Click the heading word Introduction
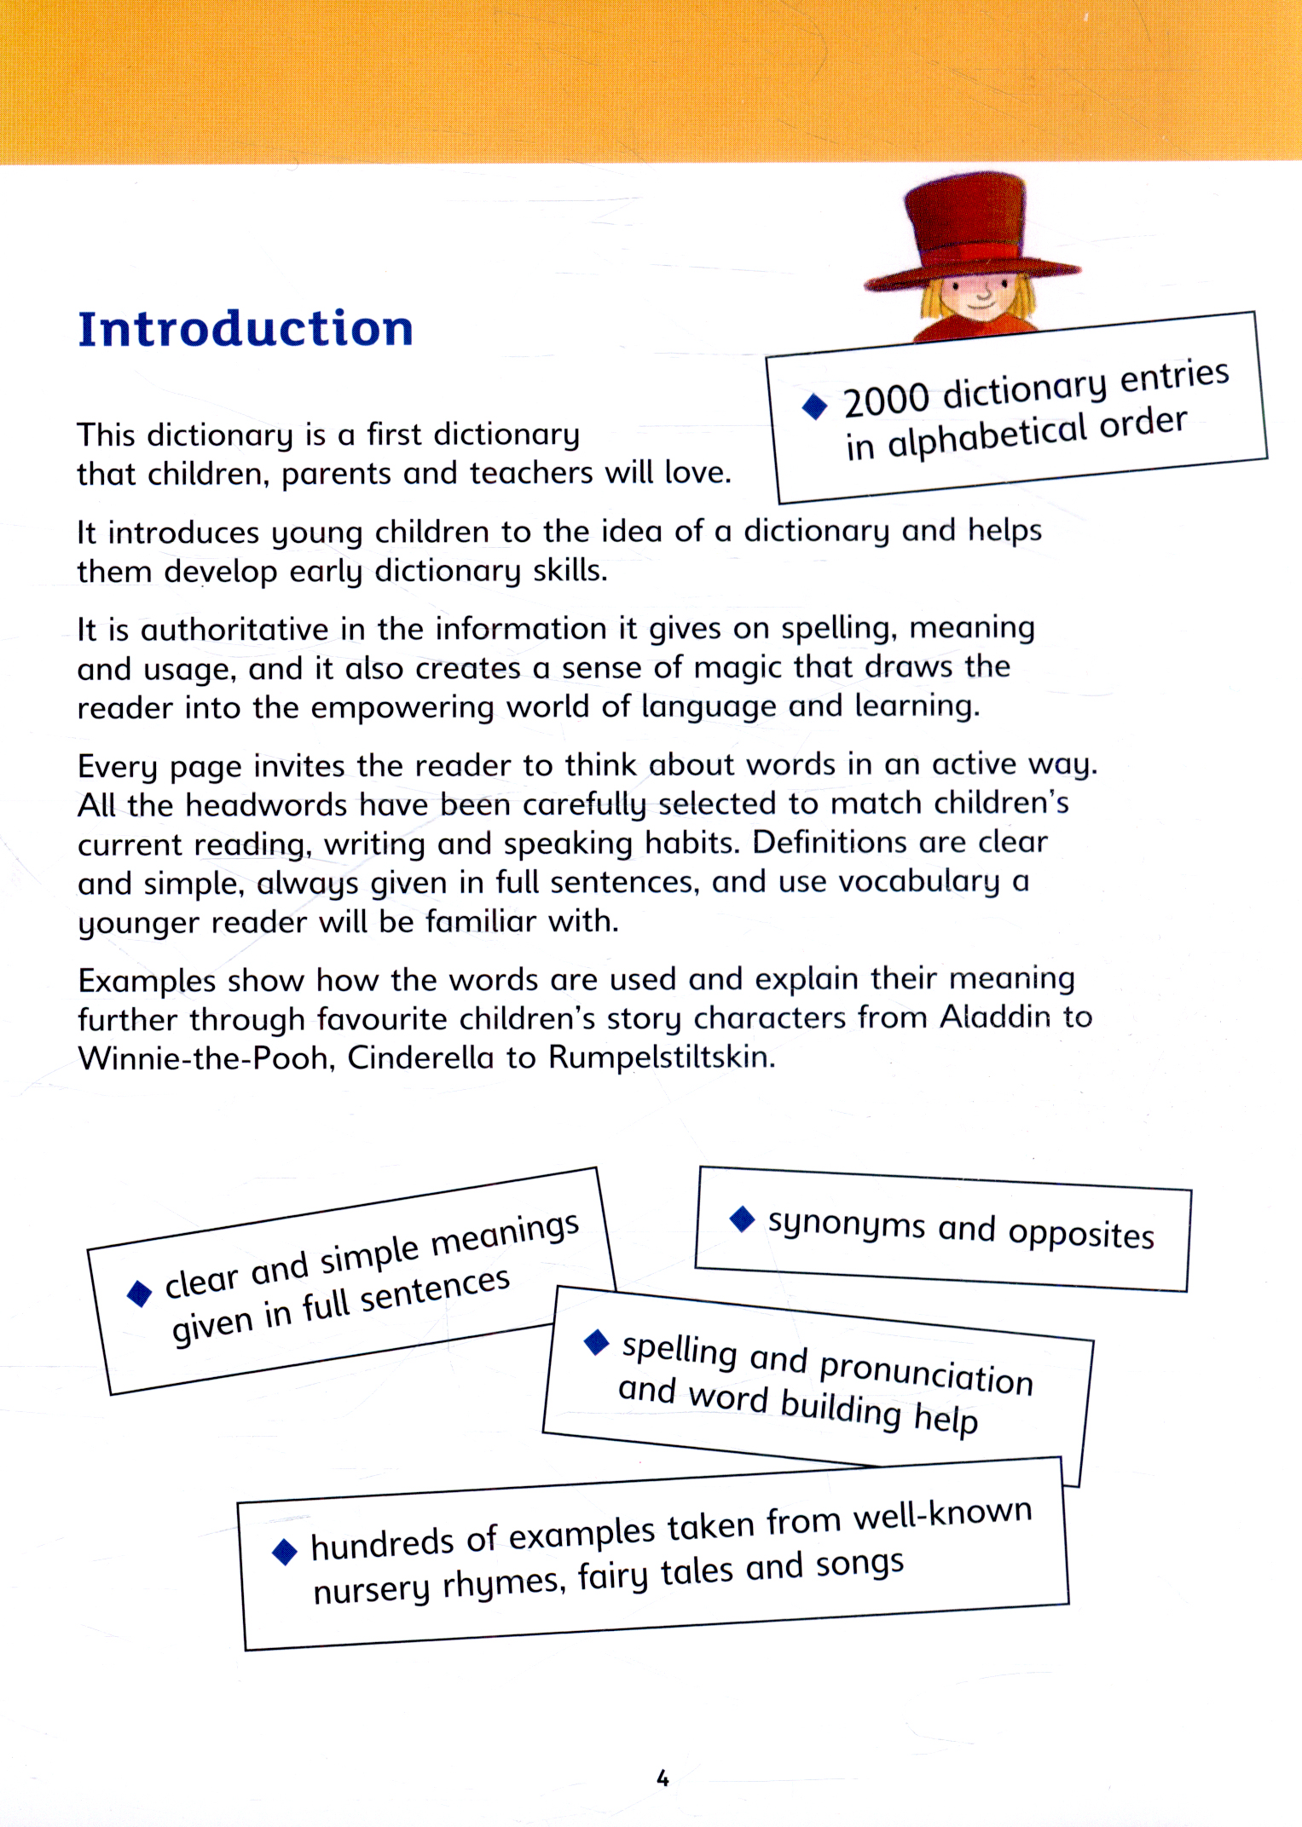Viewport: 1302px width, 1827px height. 246,329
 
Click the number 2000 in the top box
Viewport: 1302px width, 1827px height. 886,399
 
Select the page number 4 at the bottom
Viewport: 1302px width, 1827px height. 663,1778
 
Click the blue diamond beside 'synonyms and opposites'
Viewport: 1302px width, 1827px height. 743,1219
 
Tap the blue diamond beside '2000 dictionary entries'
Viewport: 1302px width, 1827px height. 815,406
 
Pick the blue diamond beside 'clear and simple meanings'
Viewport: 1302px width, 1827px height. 140,1293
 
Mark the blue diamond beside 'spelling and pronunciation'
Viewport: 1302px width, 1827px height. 597,1342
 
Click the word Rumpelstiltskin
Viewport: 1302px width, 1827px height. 661,1058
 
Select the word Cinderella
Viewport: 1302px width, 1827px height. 420,1058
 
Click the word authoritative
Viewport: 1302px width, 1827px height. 234,630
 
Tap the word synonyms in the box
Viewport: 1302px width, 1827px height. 846,1225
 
